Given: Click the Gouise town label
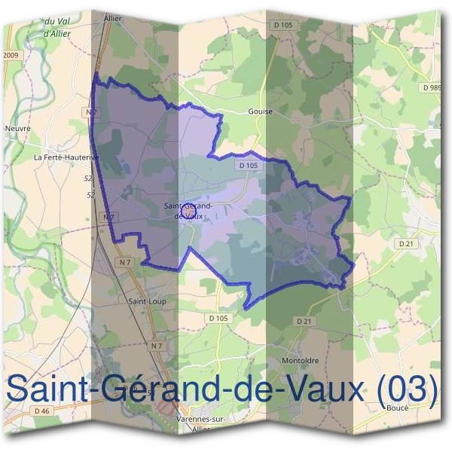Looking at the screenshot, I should tap(259, 111).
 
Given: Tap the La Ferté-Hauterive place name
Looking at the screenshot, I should tap(66, 157).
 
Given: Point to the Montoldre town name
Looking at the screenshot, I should tap(301, 360).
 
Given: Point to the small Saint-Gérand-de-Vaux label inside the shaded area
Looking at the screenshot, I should tap(188, 210).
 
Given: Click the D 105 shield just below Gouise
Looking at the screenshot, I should tap(248, 165).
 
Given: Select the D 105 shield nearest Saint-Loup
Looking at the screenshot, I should tap(218, 318).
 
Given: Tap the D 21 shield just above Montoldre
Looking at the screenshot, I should tap(304, 321).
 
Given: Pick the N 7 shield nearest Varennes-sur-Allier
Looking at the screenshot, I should tap(156, 345).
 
